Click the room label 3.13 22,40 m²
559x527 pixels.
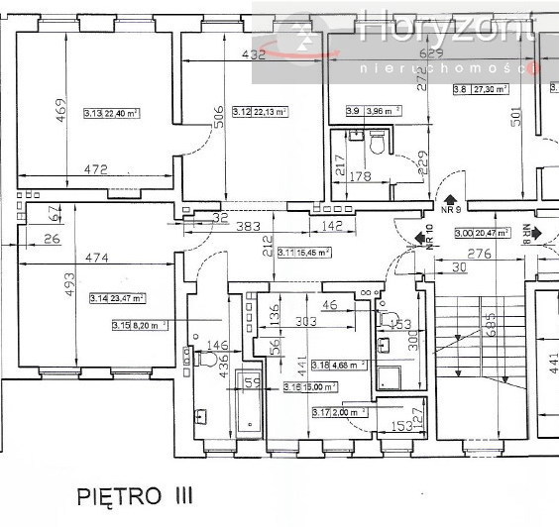click(x=111, y=114)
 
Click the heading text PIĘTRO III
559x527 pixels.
click(x=135, y=493)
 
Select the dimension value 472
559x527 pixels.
click(x=95, y=170)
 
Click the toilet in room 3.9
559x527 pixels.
click(x=376, y=146)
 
